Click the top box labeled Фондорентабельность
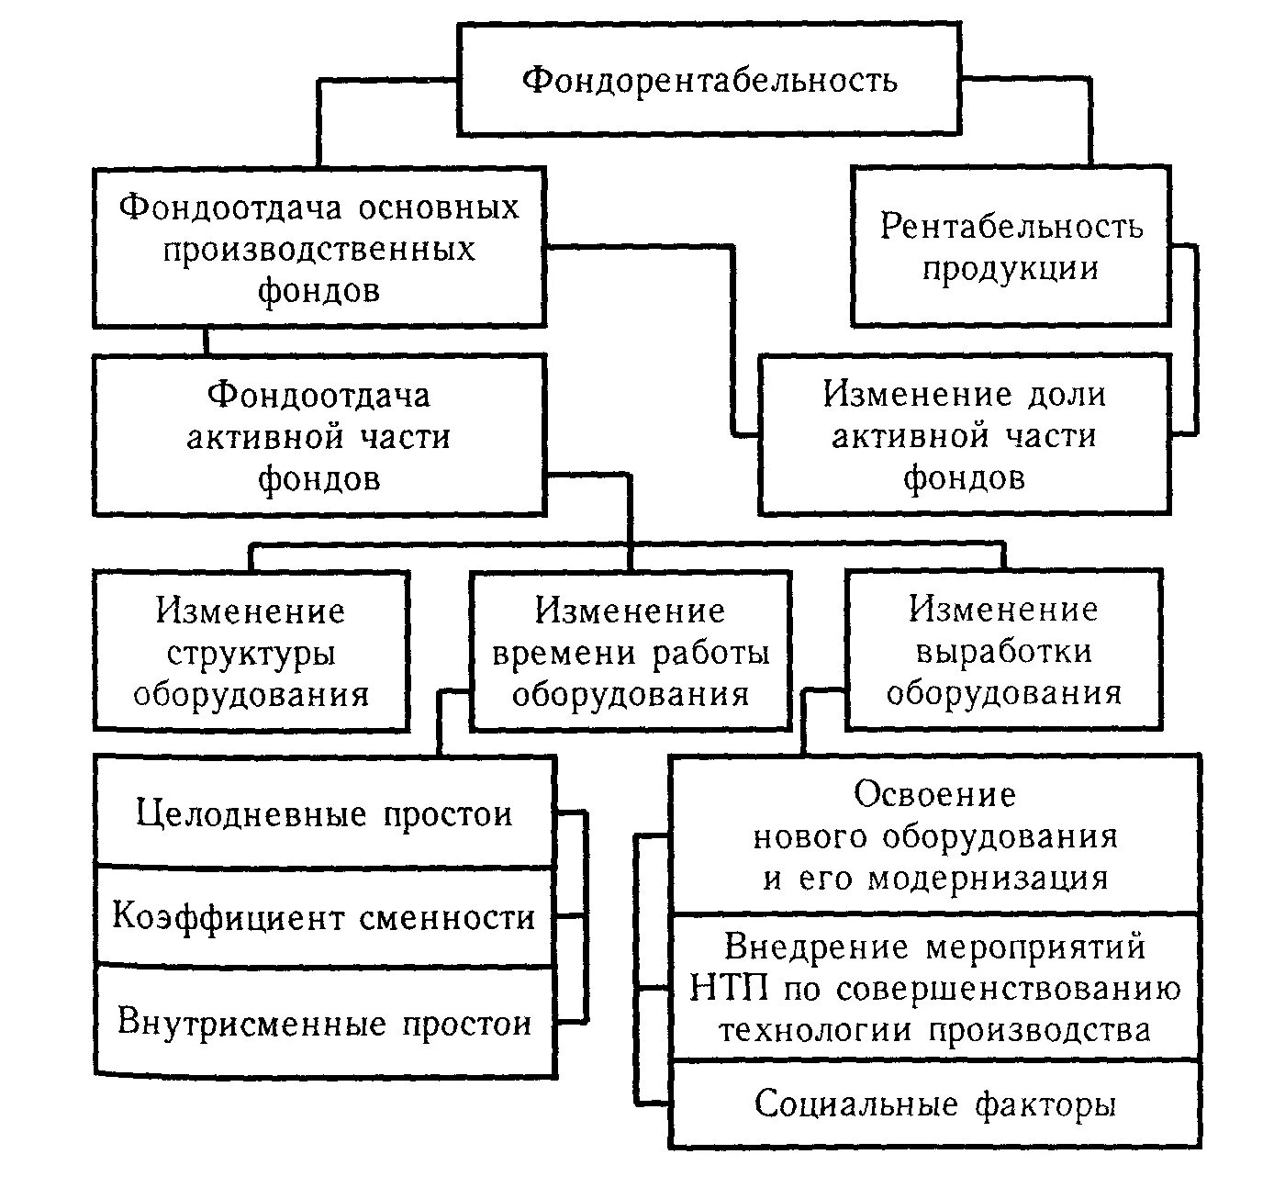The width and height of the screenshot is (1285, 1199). (709, 80)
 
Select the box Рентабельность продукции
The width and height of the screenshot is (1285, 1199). (1011, 247)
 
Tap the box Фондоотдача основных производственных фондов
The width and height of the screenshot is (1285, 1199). (318, 248)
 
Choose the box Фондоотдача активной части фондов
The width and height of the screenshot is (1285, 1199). (318, 436)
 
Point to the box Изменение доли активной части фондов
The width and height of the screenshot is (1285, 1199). (964, 436)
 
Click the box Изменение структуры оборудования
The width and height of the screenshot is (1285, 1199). (251, 652)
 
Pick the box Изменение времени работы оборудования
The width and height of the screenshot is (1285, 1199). (630, 652)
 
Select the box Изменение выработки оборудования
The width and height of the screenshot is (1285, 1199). (1003, 650)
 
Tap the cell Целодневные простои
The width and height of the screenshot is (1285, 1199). (325, 813)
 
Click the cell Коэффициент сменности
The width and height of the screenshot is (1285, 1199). (325, 916)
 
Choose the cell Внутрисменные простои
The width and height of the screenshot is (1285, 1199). (325, 1023)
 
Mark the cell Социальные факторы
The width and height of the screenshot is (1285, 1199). (934, 1104)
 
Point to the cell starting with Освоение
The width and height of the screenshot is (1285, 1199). (934, 835)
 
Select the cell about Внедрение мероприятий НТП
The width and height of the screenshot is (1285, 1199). (934, 988)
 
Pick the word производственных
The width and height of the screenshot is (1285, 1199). (318, 249)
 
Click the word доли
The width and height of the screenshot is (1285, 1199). (1066, 395)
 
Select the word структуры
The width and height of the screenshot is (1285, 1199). (251, 654)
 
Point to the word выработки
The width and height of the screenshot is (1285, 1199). (1003, 651)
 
